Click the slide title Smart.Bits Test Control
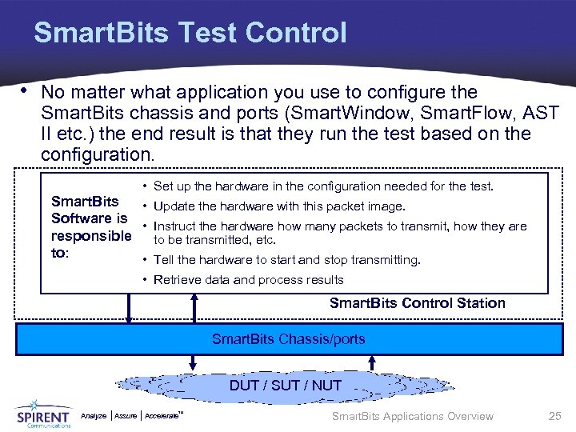pyautogui.click(x=190, y=33)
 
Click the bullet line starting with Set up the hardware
pyautogui.click(x=322, y=186)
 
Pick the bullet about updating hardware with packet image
pyautogui.click(x=278, y=206)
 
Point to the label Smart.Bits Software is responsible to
pyautogui.click(x=90, y=227)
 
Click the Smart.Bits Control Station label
pyautogui.click(x=417, y=303)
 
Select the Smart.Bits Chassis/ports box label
pyautogui.click(x=288, y=339)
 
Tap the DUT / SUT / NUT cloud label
pyautogui.click(x=285, y=385)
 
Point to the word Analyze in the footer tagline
pyautogui.click(x=94, y=416)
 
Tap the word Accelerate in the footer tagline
pyautogui.click(x=163, y=416)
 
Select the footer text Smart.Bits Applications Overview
pyautogui.click(x=412, y=416)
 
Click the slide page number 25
pyautogui.click(x=554, y=416)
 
